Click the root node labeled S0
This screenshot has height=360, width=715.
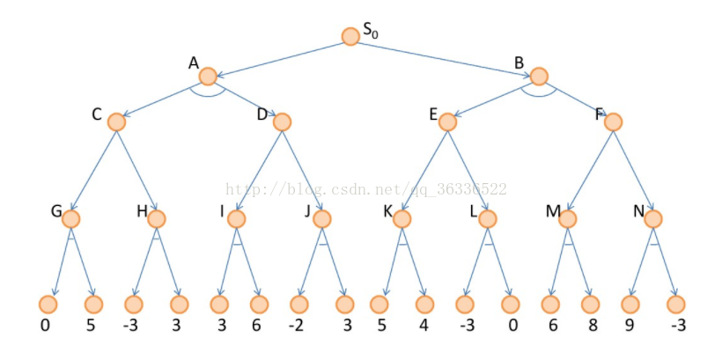(350, 36)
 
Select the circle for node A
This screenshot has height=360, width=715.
(209, 76)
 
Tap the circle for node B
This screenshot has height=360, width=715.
(539, 77)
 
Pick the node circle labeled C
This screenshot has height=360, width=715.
(116, 122)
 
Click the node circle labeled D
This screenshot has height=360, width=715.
(282, 122)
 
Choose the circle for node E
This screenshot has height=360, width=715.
(448, 122)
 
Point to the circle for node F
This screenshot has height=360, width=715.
(613, 122)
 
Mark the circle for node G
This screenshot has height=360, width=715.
(71, 218)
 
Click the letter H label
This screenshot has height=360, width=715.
(142, 212)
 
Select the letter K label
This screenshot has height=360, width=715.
(387, 212)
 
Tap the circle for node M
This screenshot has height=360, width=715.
(567, 218)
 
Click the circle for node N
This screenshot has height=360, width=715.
(652, 218)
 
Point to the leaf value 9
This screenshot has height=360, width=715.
(630, 325)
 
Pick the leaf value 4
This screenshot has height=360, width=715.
(425, 325)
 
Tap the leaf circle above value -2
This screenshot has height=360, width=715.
(299, 305)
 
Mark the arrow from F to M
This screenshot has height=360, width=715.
(590, 170)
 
